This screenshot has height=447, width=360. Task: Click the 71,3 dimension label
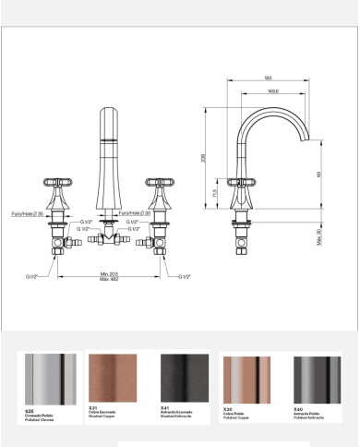coord(218,197)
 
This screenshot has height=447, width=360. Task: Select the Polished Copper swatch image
coord(246,379)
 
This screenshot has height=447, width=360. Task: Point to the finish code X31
coord(93,407)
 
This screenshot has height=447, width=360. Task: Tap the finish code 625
coord(30,407)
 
